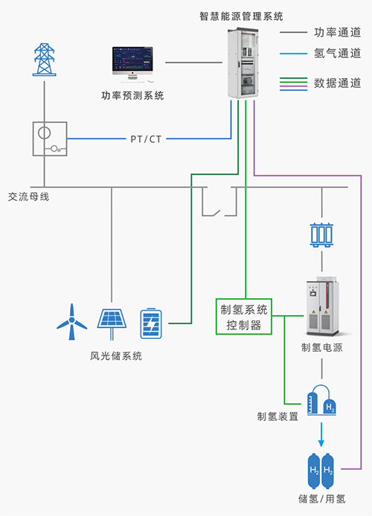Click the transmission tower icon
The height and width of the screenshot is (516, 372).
44,59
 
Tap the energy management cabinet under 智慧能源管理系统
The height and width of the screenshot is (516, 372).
243,63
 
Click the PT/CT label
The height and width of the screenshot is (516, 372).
146,139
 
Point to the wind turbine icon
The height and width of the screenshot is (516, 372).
71,322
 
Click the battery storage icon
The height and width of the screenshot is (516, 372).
151,323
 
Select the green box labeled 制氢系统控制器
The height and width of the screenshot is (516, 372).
243,317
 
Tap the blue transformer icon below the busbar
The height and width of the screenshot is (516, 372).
321,235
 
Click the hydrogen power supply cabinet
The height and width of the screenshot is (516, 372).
322,306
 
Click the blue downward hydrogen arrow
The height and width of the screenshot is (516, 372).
321,434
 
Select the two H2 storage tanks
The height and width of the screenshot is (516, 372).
321,471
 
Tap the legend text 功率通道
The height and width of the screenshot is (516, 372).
338,32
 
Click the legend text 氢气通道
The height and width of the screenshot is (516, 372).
338,53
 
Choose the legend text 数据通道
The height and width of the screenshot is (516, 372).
338,83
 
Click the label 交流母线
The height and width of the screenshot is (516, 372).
28,197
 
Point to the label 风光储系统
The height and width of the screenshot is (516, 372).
116,356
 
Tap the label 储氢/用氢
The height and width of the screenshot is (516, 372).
322,499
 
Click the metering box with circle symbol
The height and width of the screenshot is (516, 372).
50,139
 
